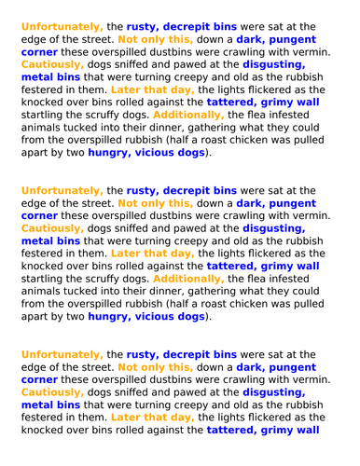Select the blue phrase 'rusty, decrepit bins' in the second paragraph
186,189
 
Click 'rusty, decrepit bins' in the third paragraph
186,354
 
